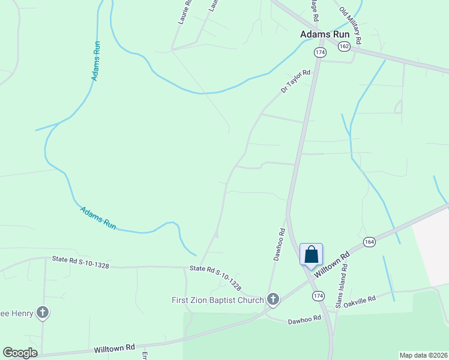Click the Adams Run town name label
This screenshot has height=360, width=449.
pyautogui.click(x=325, y=34)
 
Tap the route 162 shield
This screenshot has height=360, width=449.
pyautogui.click(x=343, y=46)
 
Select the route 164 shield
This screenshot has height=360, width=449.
pyautogui.click(x=369, y=241)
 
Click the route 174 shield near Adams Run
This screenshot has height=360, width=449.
pyautogui.click(x=320, y=53)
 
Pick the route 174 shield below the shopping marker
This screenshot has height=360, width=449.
pyautogui.click(x=318, y=296)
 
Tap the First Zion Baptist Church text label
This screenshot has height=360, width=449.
pyautogui.click(x=217, y=300)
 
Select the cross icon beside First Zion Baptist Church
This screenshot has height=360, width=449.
pyautogui.click(x=273, y=299)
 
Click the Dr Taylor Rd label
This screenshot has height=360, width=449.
pyautogui.click(x=295, y=82)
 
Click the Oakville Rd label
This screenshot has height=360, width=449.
pyautogui.click(x=360, y=298)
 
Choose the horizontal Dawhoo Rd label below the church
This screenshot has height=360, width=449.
pyautogui.click(x=305, y=320)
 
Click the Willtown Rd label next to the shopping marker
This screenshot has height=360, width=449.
pyautogui.click(x=331, y=265)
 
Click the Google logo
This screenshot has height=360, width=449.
pyautogui.click(x=20, y=353)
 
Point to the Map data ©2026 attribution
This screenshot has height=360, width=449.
pyautogui.click(x=423, y=355)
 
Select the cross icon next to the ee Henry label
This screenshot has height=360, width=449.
pyautogui.click(x=43, y=312)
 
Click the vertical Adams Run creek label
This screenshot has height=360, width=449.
pyautogui.click(x=95, y=61)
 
